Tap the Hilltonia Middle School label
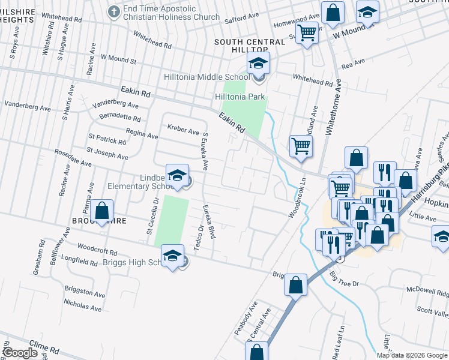207,77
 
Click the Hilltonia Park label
240,97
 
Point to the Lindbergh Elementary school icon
178,175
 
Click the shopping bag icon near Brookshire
102,211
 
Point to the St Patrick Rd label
107,140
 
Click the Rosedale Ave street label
73,158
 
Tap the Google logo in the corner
20,353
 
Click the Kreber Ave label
183,130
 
